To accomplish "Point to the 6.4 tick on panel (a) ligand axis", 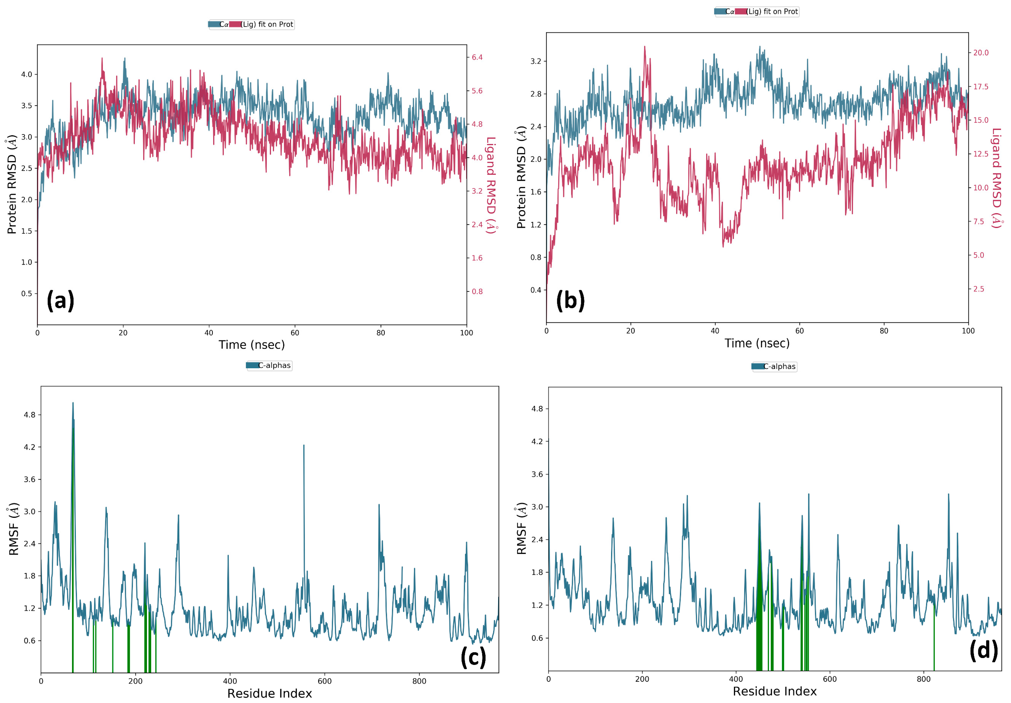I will pos(477,57).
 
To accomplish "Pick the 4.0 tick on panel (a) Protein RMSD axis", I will pos(27,74).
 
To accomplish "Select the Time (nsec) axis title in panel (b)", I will pos(757,343).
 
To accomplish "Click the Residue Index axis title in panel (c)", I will pos(269,693).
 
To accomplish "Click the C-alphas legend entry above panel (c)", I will pos(269,366).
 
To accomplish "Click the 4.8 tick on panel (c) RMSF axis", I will pos(29,415).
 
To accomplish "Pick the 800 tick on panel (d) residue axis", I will pos(924,679).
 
